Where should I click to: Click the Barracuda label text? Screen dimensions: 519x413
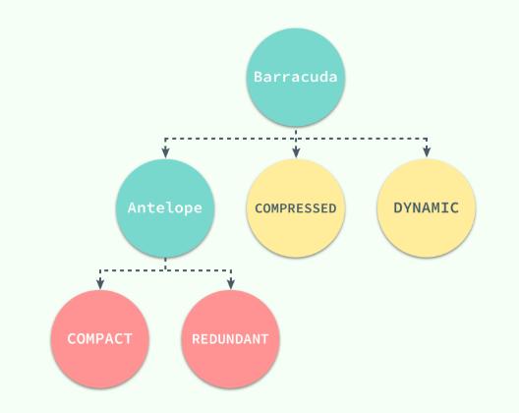[x=296, y=77]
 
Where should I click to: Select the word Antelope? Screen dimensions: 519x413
[x=165, y=208]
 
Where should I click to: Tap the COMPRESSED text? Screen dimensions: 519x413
[x=296, y=208]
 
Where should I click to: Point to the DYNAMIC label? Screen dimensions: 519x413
[x=427, y=208]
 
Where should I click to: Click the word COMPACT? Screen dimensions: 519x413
[x=99, y=339]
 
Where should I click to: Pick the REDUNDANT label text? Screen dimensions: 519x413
[x=230, y=339]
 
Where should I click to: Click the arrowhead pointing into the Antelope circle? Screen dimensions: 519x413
[x=165, y=152]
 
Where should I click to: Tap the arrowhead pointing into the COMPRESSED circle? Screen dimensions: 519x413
[x=296, y=152]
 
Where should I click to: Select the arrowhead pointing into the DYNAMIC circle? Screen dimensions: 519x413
[x=427, y=151]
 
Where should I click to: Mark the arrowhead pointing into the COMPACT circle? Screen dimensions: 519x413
[x=100, y=284]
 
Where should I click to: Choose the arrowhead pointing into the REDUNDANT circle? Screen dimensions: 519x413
[x=231, y=284]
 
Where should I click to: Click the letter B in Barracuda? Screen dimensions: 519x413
[x=259, y=77]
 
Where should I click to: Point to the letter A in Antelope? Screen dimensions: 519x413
[x=132, y=207]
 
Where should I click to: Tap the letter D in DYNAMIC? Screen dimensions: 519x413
[x=398, y=208]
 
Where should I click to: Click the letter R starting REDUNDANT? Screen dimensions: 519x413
[x=197, y=339]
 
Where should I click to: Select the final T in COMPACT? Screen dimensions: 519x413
[x=128, y=339]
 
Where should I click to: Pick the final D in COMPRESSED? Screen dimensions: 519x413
[x=332, y=208]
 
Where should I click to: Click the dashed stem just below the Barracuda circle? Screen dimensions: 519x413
[x=296, y=133]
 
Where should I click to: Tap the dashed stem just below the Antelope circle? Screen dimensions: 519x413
[x=165, y=265]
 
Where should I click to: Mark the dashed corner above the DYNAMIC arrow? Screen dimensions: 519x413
[x=427, y=139]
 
